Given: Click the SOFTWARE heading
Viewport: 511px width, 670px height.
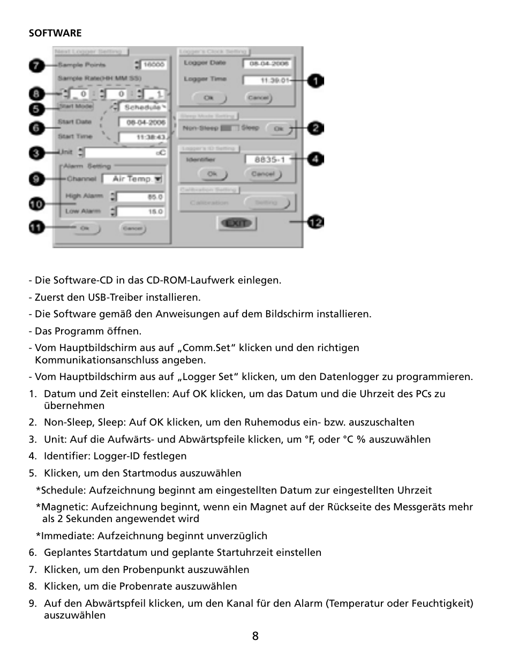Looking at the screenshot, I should (55, 33).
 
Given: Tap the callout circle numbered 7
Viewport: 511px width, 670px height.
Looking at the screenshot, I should (36, 65).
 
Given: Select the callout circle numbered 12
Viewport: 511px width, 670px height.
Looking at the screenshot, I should (315, 222).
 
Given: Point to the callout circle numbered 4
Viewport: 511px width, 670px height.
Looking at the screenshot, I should (315, 159).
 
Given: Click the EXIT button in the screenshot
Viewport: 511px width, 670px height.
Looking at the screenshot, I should (237, 223).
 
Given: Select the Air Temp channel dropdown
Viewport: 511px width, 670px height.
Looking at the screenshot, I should (133, 179).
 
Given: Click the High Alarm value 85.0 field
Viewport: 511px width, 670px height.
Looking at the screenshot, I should (140, 197).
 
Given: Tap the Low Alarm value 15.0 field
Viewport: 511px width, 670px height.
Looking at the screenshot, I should (140, 212).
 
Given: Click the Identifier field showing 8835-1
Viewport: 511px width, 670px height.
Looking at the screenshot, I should (268, 159).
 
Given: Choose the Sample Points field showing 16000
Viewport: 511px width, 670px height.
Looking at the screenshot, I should (154, 65).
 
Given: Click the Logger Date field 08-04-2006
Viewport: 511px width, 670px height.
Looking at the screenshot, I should (267, 64).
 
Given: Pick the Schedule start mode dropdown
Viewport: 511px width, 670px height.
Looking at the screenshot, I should (145, 107).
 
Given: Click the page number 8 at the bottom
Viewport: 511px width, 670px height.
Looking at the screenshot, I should (255, 636).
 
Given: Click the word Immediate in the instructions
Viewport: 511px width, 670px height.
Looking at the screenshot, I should (66, 536).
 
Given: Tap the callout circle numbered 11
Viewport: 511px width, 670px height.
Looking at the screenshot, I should (36, 227).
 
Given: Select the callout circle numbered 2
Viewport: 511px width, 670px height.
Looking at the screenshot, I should (315, 128).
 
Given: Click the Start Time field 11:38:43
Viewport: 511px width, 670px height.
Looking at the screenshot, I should (142, 138).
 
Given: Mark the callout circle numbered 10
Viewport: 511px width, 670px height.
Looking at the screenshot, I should (36, 204).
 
